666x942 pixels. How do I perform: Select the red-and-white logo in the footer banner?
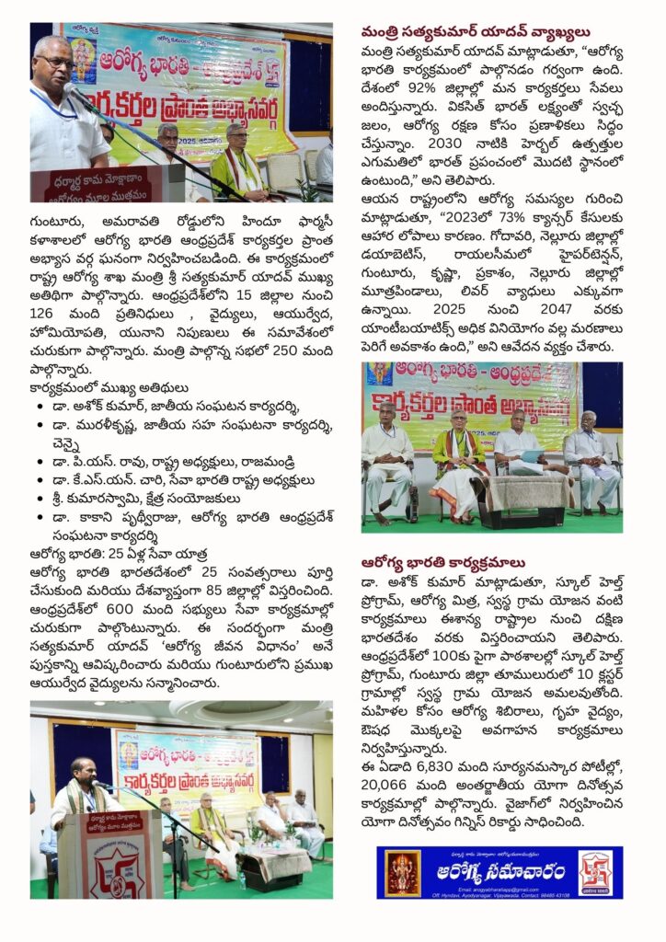click(x=594, y=871)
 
